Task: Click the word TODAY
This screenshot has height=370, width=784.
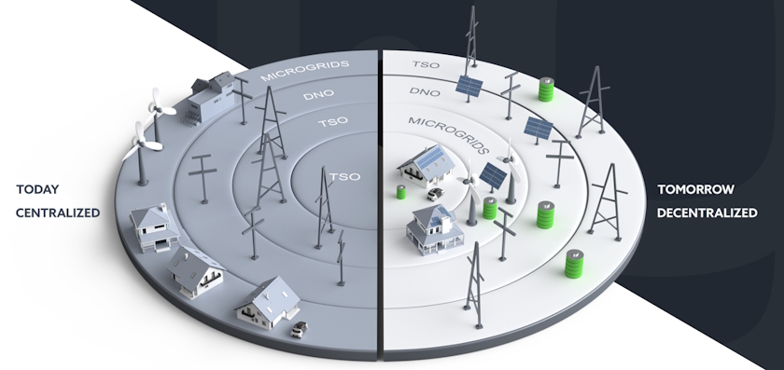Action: pyautogui.click(x=35, y=190)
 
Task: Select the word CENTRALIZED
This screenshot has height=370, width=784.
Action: pyautogui.click(x=57, y=212)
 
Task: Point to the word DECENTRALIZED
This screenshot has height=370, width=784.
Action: pyautogui.click(x=707, y=212)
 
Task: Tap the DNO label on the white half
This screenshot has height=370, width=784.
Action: pyautogui.click(x=426, y=92)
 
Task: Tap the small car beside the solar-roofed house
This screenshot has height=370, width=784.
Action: pyautogui.click(x=436, y=194)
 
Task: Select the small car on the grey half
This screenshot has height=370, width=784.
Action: pyautogui.click(x=299, y=328)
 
